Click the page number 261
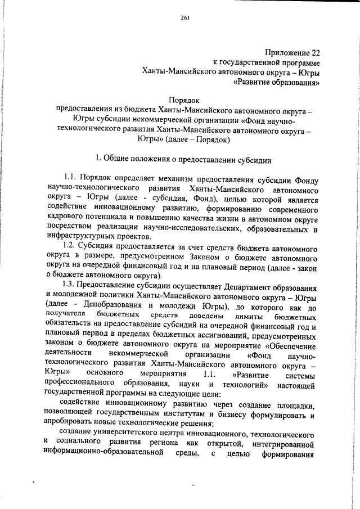[185, 18]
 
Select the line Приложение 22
[290, 52]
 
